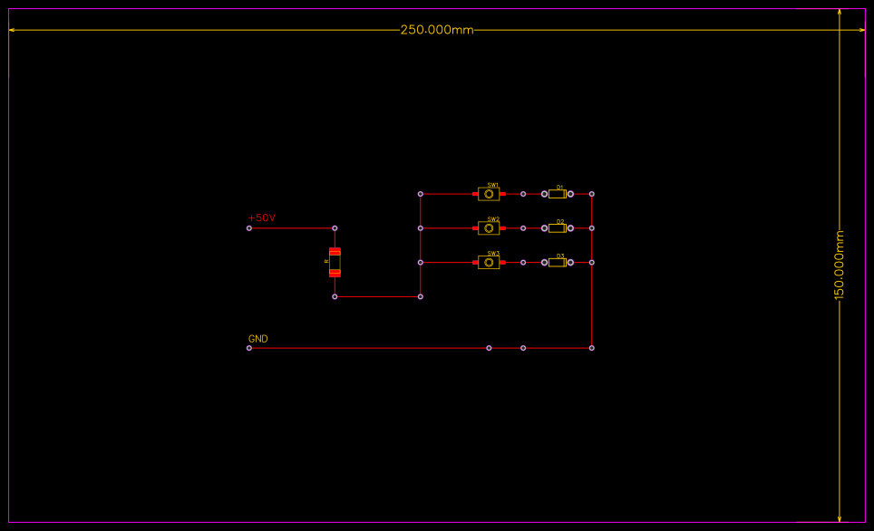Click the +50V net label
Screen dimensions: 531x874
pos(261,218)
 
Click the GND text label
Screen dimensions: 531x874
pos(257,339)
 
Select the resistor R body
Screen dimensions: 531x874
pos(335,262)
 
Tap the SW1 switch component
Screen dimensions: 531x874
pos(489,194)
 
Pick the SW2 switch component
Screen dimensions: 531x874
pos(489,228)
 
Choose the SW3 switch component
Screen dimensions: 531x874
pos(489,263)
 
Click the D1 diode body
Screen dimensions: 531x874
pos(557,194)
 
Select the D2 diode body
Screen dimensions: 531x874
pos(557,228)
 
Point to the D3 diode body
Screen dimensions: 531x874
pos(557,263)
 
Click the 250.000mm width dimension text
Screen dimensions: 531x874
pos(437,30)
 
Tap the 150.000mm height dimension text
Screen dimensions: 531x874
pos(840,265)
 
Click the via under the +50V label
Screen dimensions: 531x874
pos(249,228)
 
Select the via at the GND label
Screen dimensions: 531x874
pos(249,348)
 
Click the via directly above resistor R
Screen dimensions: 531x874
pos(335,228)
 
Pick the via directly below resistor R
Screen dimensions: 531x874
pos(335,296)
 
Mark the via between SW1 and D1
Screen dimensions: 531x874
pos(523,194)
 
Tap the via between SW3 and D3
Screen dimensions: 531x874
pos(523,263)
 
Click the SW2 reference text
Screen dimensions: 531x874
pos(493,219)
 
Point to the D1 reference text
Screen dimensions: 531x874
pos(560,187)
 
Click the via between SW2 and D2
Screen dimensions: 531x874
pos(523,228)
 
